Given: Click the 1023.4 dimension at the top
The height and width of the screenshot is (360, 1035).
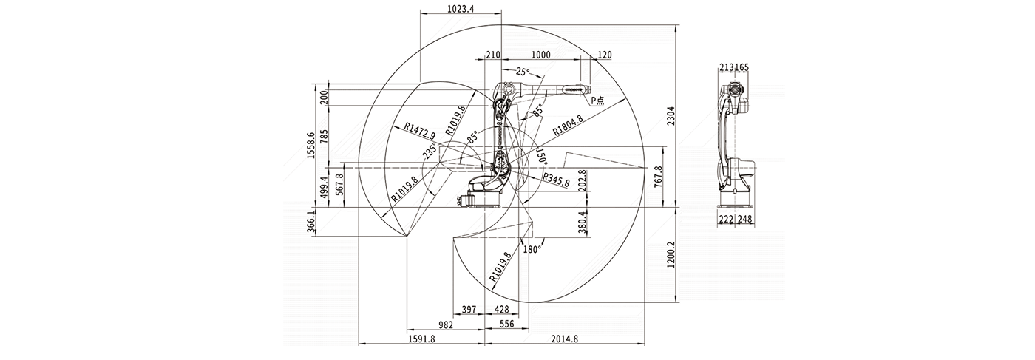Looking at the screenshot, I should tap(461, 9).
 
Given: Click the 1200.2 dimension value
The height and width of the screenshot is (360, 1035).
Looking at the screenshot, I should tap(669, 256).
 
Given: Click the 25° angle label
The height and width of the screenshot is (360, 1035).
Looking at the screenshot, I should tap(523, 72).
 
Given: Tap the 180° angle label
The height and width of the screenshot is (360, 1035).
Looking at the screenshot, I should tap(532, 250).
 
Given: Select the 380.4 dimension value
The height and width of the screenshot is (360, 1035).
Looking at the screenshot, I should tap(583, 222).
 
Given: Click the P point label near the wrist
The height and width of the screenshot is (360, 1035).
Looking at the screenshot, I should tap(594, 100).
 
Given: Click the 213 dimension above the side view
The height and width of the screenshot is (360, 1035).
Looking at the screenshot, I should tap(725, 67).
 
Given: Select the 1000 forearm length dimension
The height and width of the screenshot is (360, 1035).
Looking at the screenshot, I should tap(541, 55).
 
